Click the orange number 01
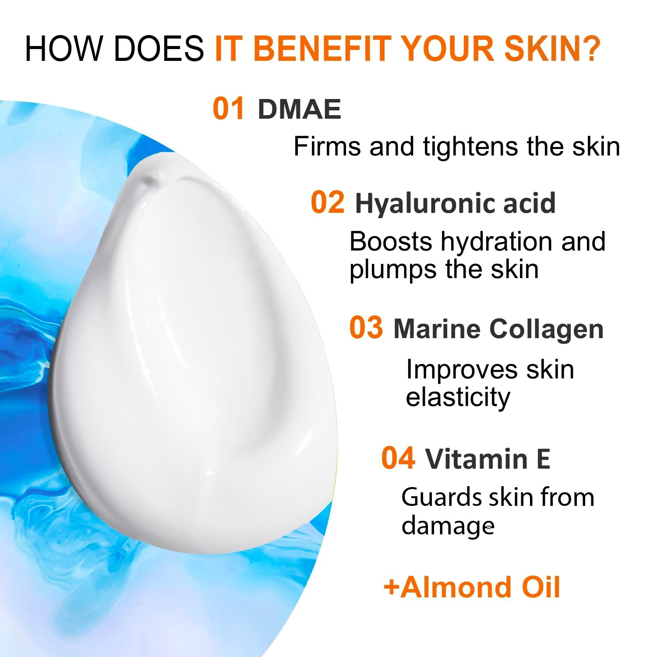pyautogui.click(x=229, y=109)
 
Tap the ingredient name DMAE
pyautogui.click(x=300, y=109)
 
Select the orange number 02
pyautogui.click(x=327, y=202)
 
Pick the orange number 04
pyautogui.click(x=398, y=458)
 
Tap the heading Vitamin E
pyautogui.click(x=487, y=459)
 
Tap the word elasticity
pyautogui.click(x=458, y=398)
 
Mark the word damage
pyautogui.click(x=448, y=526)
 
